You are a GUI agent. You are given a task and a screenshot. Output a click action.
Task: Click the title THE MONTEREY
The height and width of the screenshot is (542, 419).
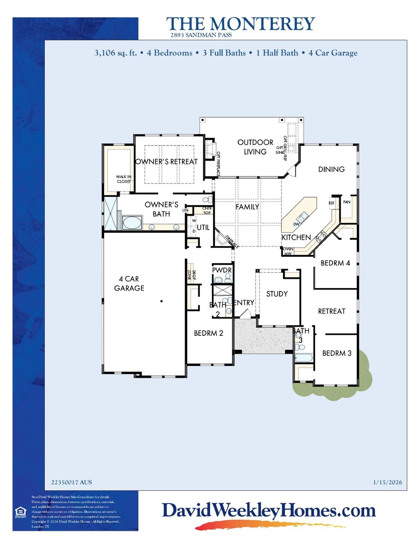(x=240, y=24)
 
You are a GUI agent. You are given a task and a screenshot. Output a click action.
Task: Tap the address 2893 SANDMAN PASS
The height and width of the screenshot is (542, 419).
(x=201, y=35)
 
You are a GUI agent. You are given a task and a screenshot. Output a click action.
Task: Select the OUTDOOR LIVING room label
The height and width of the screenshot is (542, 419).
(x=255, y=147)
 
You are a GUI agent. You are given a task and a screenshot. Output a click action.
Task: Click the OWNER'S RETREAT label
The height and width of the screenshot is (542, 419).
(x=166, y=162)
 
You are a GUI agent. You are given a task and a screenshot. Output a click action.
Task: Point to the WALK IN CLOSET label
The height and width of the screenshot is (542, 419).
(x=124, y=179)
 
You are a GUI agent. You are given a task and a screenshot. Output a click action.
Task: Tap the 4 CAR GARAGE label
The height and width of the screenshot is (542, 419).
(x=129, y=283)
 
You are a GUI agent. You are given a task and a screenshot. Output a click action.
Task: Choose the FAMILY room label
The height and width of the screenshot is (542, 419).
(x=247, y=207)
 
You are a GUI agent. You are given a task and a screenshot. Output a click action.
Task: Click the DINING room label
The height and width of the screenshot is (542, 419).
(x=331, y=169)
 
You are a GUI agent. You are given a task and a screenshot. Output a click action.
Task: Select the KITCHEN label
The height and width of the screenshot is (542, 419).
(x=296, y=237)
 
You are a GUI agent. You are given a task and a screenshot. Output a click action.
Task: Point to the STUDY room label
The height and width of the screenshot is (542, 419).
(x=277, y=294)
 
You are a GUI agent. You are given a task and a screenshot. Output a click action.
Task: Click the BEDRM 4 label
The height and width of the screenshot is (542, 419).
(x=335, y=263)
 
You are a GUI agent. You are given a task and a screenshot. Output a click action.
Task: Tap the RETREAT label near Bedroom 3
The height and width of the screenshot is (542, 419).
(x=331, y=311)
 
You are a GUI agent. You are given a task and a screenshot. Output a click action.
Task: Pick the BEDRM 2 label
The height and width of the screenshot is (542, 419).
(x=208, y=333)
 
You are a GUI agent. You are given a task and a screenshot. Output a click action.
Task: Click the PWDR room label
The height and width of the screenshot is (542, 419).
(x=222, y=270)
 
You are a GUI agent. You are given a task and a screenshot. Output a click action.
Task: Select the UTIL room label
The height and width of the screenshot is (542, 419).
(x=203, y=228)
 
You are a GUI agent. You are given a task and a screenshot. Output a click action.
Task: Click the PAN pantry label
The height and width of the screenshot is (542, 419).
(x=347, y=202)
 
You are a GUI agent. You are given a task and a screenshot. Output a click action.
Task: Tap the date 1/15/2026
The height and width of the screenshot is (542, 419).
(x=387, y=482)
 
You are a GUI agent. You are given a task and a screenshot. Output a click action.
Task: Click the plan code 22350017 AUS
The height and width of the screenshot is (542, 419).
(x=71, y=482)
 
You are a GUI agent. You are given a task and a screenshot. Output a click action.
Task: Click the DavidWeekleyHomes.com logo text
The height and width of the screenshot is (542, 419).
(x=268, y=511)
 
